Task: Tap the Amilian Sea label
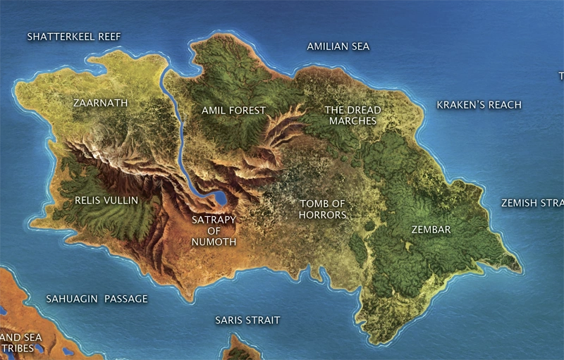pos(338,46)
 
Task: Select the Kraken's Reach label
pos(479,105)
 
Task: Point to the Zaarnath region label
pos(101,103)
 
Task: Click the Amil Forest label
pos(233,110)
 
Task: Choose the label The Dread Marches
pos(352,116)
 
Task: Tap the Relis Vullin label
pos(106,200)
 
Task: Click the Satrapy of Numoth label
pos(214,230)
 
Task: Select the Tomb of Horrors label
pos(323,209)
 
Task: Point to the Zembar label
pos(431,230)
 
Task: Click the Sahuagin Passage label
pos(97,299)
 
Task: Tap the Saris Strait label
pos(247,321)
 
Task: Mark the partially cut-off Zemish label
pos(532,203)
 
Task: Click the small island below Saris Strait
pos(243,348)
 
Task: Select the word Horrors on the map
pos(323,215)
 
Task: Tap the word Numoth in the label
pos(214,242)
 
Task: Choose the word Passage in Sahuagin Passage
pos(126,299)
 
